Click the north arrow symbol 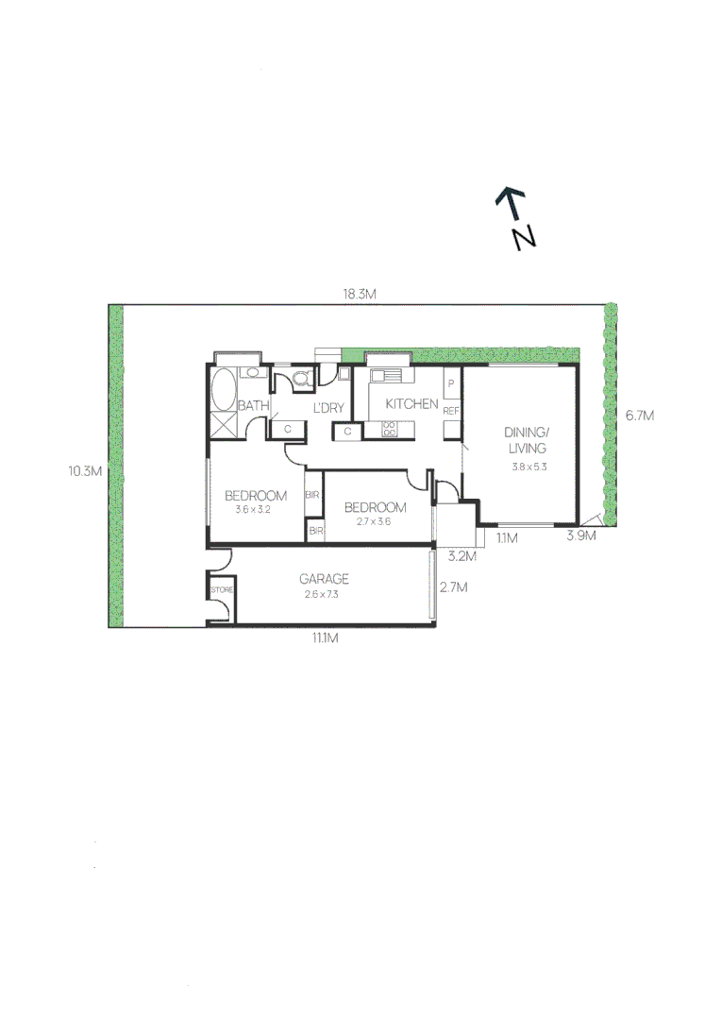tap(515, 217)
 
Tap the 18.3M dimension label tap(360, 294)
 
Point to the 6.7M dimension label tap(639, 415)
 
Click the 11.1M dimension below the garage tap(325, 638)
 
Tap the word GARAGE tap(324, 579)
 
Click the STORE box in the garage tap(221, 590)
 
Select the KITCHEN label tap(411, 404)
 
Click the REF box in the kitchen tap(451, 412)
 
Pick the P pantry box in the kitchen tap(451, 384)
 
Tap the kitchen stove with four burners tap(390, 429)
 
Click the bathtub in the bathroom tap(224, 389)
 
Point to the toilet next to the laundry tap(301, 380)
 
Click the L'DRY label tap(327, 408)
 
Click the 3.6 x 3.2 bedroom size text tap(253, 509)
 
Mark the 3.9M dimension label tap(580, 536)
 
